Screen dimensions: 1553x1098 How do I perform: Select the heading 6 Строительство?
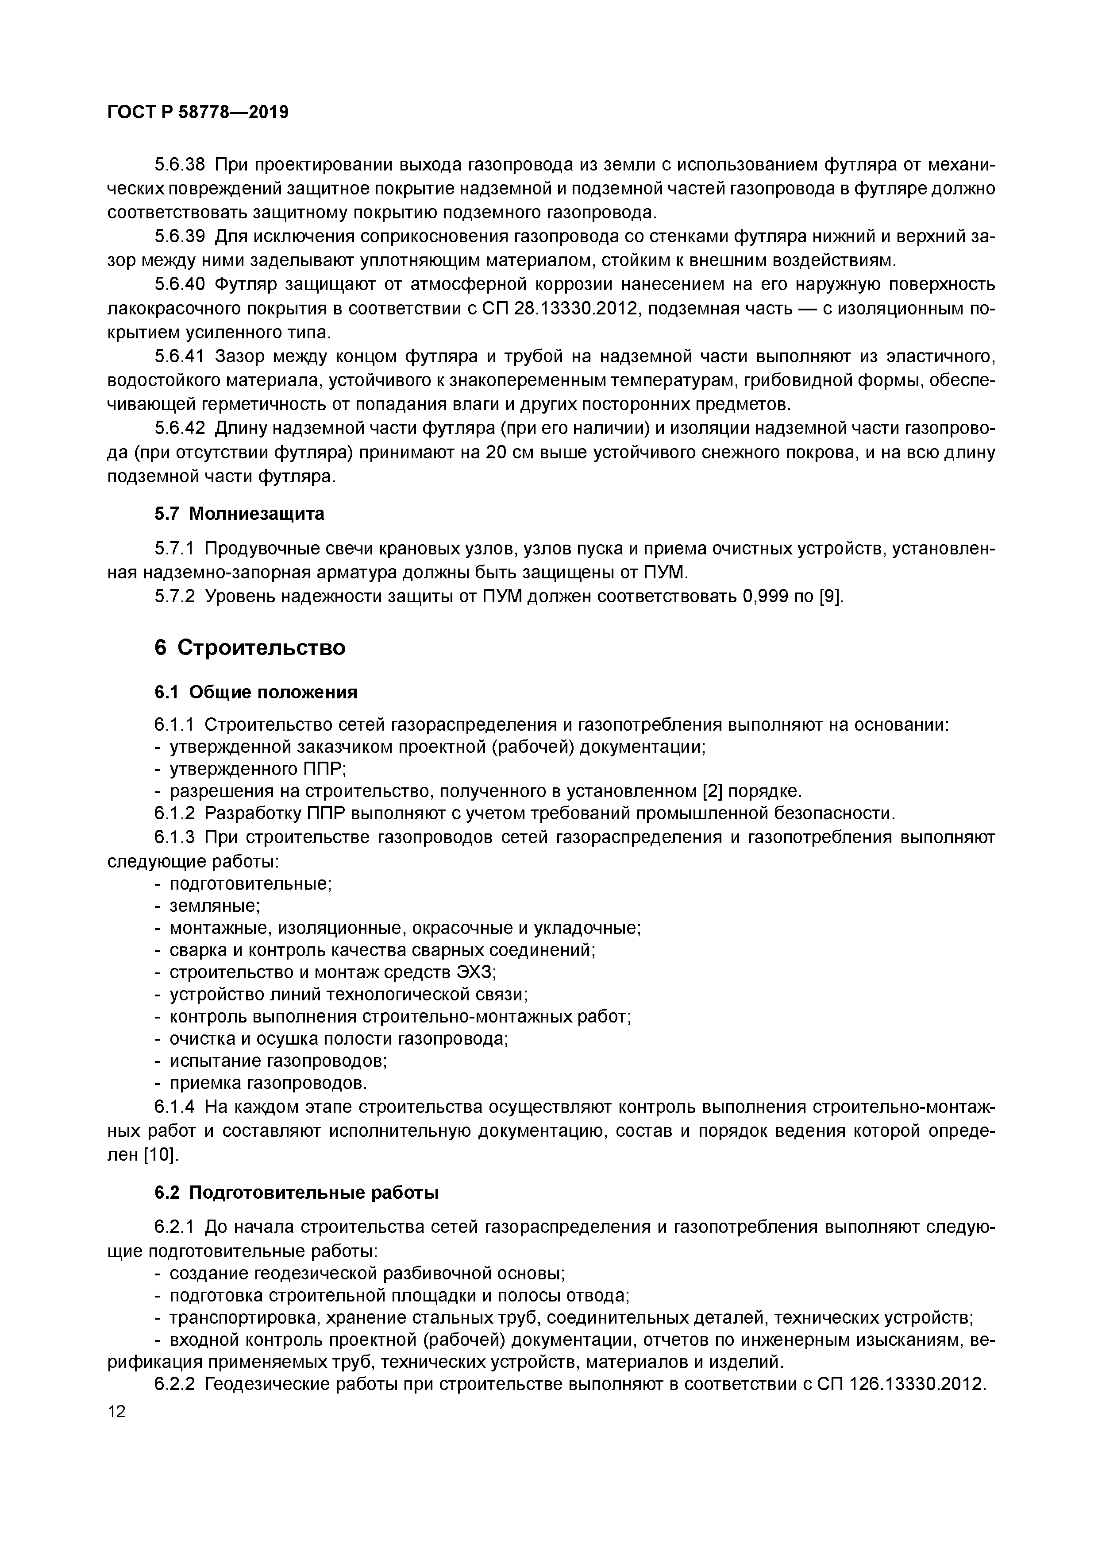point(250,648)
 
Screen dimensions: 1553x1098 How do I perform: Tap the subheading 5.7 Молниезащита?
point(239,514)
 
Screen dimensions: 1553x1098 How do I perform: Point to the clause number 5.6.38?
point(179,165)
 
